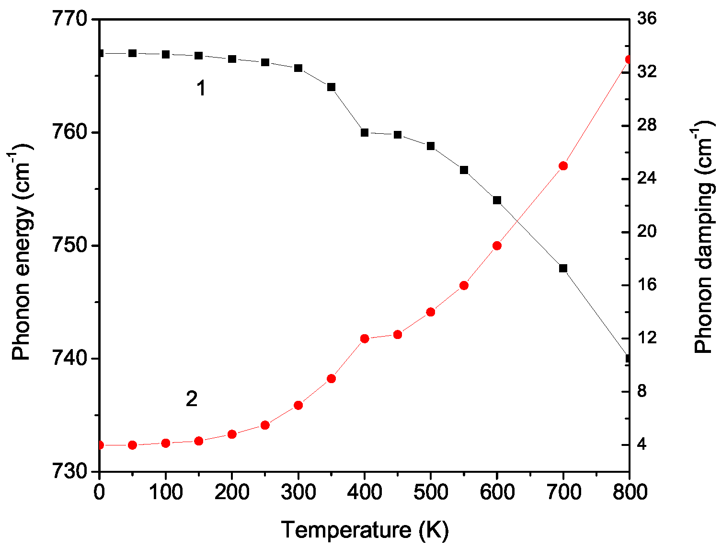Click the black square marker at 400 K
[x=365, y=133]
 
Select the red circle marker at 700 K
[x=563, y=166]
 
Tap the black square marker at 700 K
[x=563, y=269]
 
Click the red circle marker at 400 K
[x=365, y=339]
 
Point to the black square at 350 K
[x=331, y=87]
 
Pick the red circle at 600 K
[x=497, y=246]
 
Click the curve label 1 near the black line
[x=201, y=89]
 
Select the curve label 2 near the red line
[x=192, y=399]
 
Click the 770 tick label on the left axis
[x=72, y=20]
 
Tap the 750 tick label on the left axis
[x=72, y=246]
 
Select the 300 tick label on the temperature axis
[x=298, y=492]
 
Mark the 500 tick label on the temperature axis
[x=430, y=492]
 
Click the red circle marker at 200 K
[x=232, y=434]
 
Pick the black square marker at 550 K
[x=464, y=170]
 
